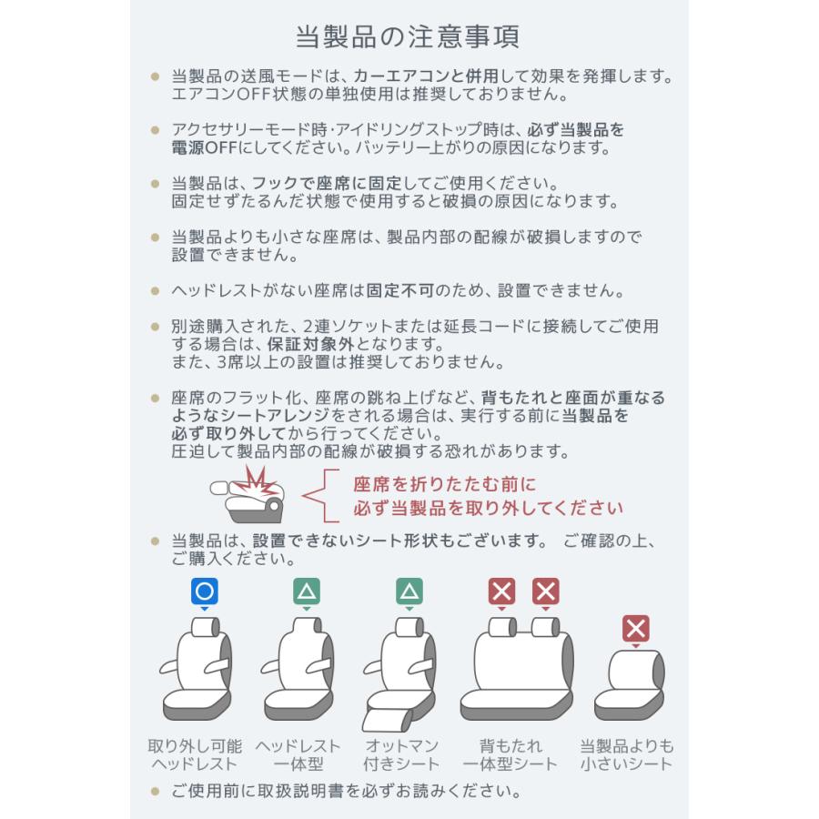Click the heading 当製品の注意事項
(x=409, y=37)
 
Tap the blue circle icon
(x=205, y=592)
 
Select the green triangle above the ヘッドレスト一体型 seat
(x=307, y=592)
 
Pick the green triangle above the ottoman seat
(x=409, y=592)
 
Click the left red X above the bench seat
(x=501, y=592)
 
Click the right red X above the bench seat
(x=546, y=592)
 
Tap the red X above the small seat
(x=635, y=628)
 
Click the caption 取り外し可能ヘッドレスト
(x=194, y=755)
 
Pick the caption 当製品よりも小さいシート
(x=627, y=755)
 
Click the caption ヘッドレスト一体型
(x=298, y=755)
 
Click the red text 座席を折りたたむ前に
(x=444, y=484)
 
